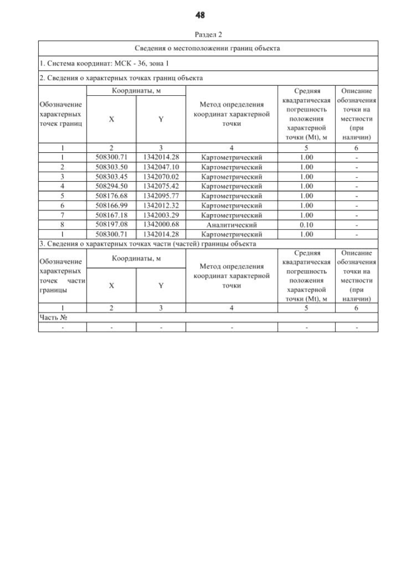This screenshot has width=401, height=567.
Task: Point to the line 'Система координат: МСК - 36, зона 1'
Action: pos(104,63)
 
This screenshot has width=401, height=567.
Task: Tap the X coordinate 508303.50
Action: pos(112,167)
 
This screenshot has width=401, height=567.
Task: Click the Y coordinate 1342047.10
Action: pos(161,167)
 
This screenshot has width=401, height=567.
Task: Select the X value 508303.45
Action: pos(112,177)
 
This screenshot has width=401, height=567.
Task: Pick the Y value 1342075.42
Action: pos(161,186)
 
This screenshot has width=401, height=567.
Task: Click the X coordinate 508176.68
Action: pos(112,195)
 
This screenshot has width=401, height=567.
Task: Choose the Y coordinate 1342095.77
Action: pos(161,195)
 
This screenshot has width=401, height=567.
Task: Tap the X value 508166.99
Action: pos(112,205)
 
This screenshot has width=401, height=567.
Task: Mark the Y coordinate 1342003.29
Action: pos(161,214)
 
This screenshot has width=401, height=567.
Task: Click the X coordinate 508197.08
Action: pos(112,224)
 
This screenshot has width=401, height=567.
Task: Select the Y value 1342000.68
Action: pos(161,224)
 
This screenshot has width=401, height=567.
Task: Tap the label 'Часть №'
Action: pos(53,317)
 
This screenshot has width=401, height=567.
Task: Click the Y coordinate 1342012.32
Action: pos(161,205)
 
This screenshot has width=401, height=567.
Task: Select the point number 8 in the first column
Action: pos(63,224)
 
